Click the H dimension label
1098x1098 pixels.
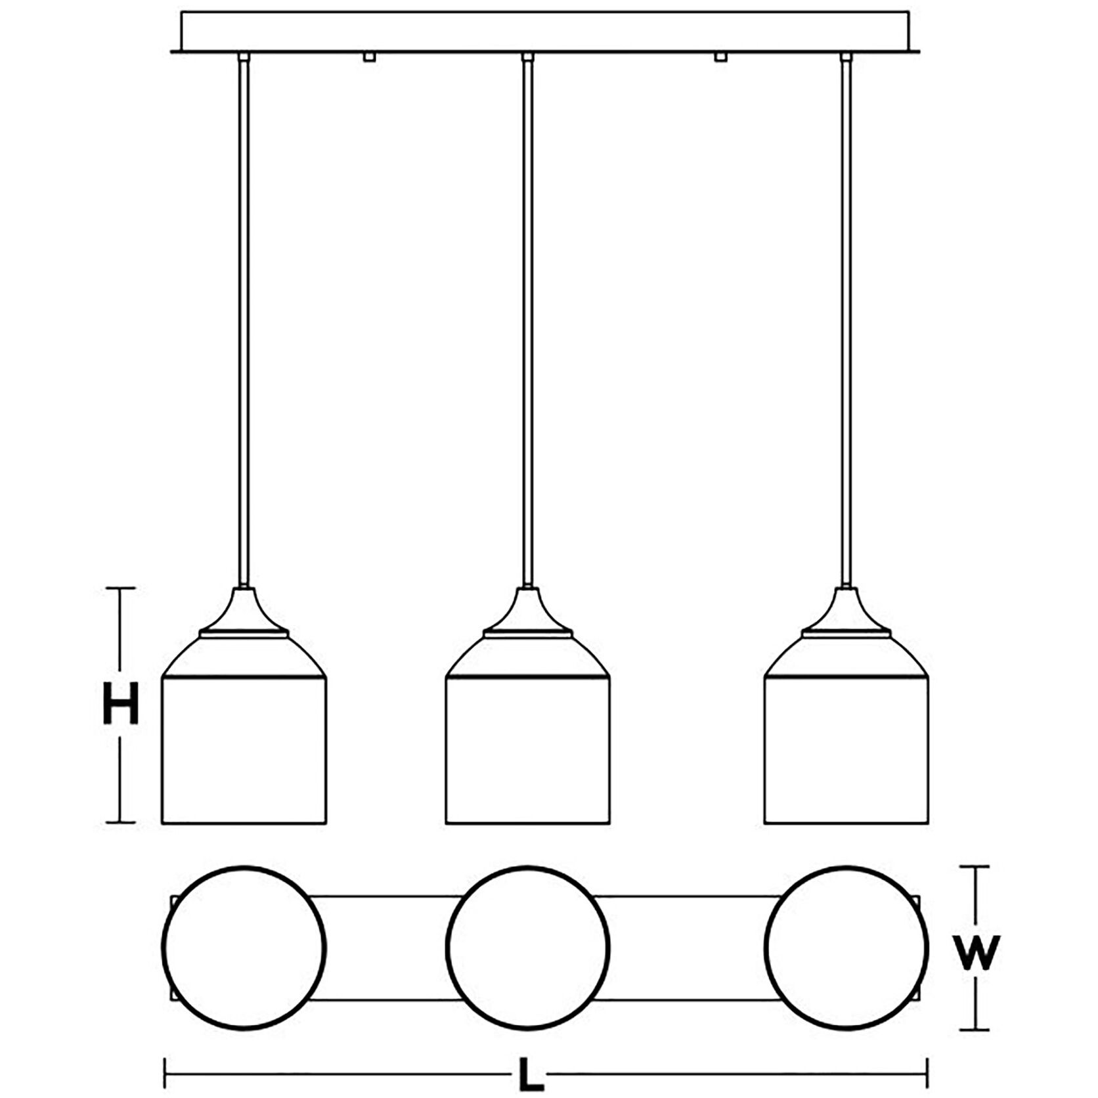[x=121, y=703]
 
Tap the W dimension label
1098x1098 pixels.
[x=977, y=952]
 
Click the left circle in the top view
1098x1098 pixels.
[x=244, y=948]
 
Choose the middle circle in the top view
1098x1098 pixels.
[x=528, y=948]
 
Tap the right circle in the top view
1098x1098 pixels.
[x=846, y=948]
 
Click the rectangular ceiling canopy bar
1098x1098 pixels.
[x=545, y=30]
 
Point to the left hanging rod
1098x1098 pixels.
[x=244, y=315]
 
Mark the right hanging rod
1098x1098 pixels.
[x=846, y=315]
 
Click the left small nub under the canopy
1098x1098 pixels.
[x=369, y=57]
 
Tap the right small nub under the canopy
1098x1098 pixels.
[x=720, y=57]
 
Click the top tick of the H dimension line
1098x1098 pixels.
[x=121, y=588]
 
